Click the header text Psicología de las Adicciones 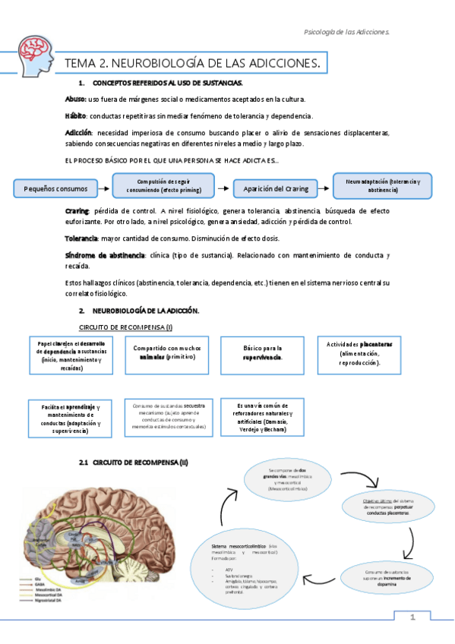click(346, 32)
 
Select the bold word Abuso click(76, 99)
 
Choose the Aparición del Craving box click(276, 188)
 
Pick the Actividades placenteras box click(360, 352)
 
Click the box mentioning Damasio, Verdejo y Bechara click(261, 417)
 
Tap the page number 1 click(412, 618)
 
